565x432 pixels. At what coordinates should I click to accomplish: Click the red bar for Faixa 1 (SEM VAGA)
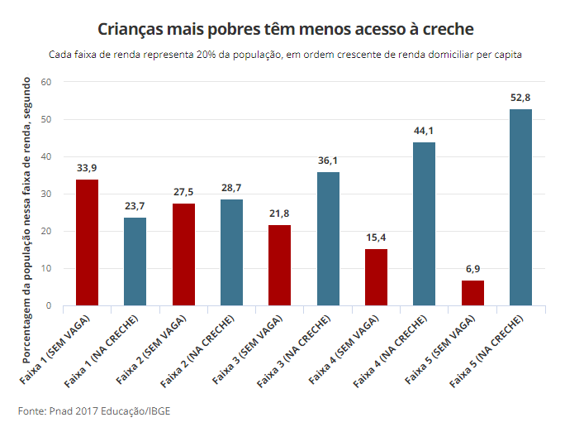click(x=87, y=242)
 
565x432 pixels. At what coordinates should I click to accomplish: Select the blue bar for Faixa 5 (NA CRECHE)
click(x=520, y=208)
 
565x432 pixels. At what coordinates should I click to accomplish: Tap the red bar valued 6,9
click(x=472, y=293)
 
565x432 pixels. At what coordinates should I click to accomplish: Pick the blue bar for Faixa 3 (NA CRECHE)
click(x=328, y=239)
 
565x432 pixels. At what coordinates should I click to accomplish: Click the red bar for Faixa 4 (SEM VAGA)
click(x=376, y=277)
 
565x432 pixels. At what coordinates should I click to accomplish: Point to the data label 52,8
click(x=520, y=98)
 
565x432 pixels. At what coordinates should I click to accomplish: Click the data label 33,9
click(x=87, y=168)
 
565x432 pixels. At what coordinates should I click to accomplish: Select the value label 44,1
click(x=424, y=131)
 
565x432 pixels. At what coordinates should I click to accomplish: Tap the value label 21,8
click(x=279, y=214)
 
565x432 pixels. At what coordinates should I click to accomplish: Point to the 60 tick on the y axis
click(x=46, y=82)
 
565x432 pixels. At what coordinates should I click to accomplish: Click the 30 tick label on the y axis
click(x=46, y=194)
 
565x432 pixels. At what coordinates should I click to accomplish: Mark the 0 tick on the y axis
click(x=49, y=305)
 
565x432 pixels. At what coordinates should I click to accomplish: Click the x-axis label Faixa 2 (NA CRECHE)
click(x=197, y=351)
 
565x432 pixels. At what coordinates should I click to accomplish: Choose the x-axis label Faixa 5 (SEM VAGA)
click(x=440, y=349)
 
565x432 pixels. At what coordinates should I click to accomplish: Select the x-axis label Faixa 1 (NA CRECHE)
click(x=102, y=351)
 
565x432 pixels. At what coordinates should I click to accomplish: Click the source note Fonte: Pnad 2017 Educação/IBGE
click(x=94, y=411)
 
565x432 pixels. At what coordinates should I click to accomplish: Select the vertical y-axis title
click(x=27, y=220)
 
